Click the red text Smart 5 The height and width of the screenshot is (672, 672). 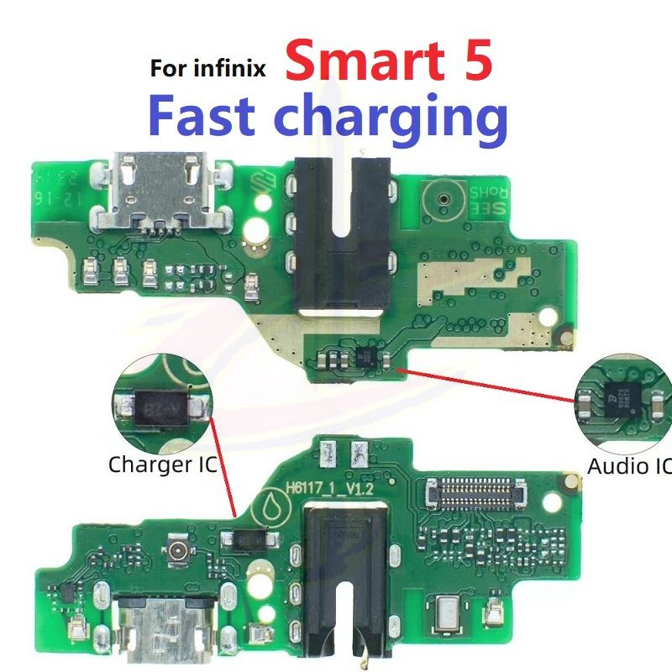point(388,63)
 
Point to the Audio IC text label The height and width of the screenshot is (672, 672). point(629,466)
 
